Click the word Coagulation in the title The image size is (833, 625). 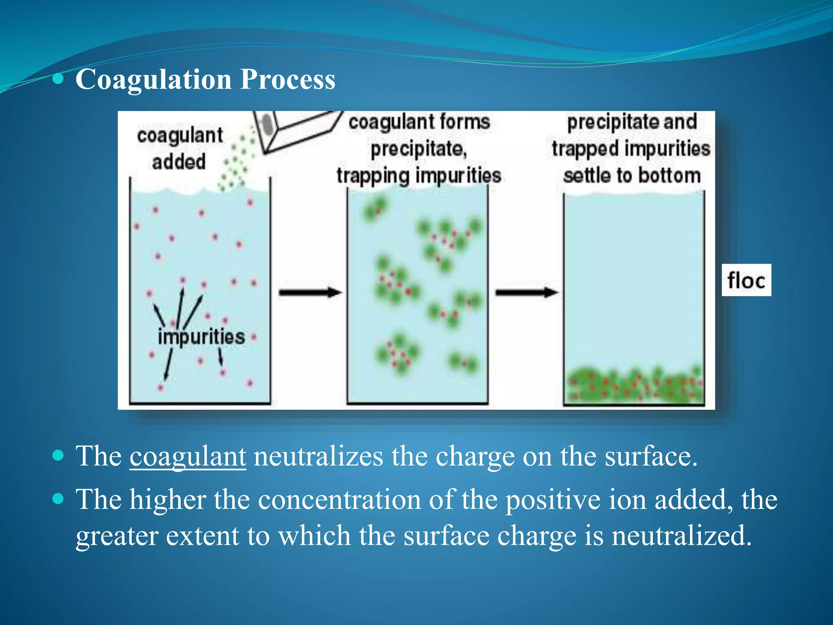[x=153, y=79]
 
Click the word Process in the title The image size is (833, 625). [x=288, y=79]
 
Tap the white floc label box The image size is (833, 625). [x=746, y=280]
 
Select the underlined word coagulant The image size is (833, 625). [x=188, y=457]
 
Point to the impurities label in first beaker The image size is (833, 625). [x=201, y=337]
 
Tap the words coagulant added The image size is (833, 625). [x=179, y=148]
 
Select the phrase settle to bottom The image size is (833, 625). [x=632, y=176]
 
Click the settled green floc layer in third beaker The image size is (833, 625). [x=633, y=385]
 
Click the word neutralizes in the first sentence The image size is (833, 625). [x=318, y=457]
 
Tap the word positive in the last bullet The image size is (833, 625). [x=553, y=500]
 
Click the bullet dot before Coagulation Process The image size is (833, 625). [x=59, y=79]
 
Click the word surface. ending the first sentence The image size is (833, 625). [x=651, y=457]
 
